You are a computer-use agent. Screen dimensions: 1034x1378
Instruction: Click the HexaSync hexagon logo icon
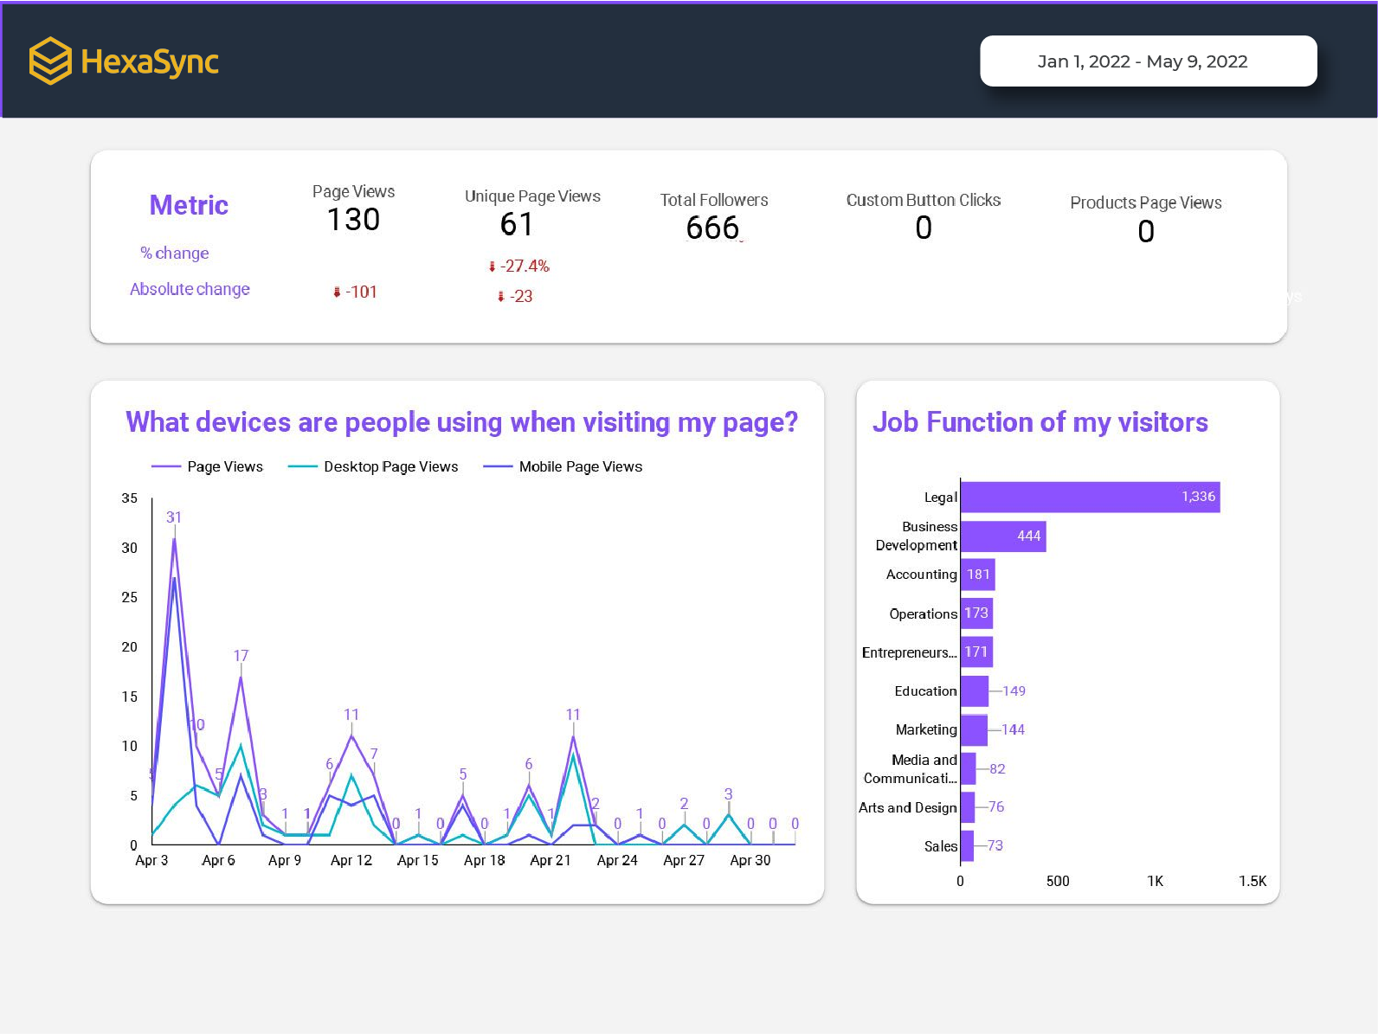(x=50, y=61)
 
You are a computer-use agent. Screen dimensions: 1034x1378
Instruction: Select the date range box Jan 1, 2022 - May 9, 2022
(x=1148, y=61)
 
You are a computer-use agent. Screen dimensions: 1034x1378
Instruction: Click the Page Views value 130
(x=353, y=220)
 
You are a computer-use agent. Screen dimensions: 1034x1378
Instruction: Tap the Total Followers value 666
(x=712, y=228)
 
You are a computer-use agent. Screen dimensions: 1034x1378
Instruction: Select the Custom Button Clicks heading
(x=923, y=200)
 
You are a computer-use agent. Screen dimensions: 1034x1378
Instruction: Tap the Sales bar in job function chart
(x=967, y=846)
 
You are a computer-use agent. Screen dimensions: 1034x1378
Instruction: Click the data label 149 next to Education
(x=1014, y=691)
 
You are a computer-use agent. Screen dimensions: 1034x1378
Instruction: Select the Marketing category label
(x=925, y=729)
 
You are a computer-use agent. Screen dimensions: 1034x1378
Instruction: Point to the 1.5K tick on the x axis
(x=1252, y=881)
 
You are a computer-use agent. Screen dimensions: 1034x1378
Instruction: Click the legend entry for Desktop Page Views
(x=390, y=467)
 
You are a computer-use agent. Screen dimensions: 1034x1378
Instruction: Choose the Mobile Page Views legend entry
(x=580, y=467)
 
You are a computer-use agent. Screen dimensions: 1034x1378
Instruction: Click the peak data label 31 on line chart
(x=174, y=517)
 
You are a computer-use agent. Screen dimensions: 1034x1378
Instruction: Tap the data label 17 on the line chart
(x=241, y=656)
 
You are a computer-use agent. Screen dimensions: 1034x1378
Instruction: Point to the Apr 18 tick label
(x=484, y=860)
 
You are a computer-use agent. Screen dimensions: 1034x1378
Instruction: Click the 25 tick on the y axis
(x=129, y=597)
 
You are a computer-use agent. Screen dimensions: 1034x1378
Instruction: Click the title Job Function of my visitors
(x=1040, y=422)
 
